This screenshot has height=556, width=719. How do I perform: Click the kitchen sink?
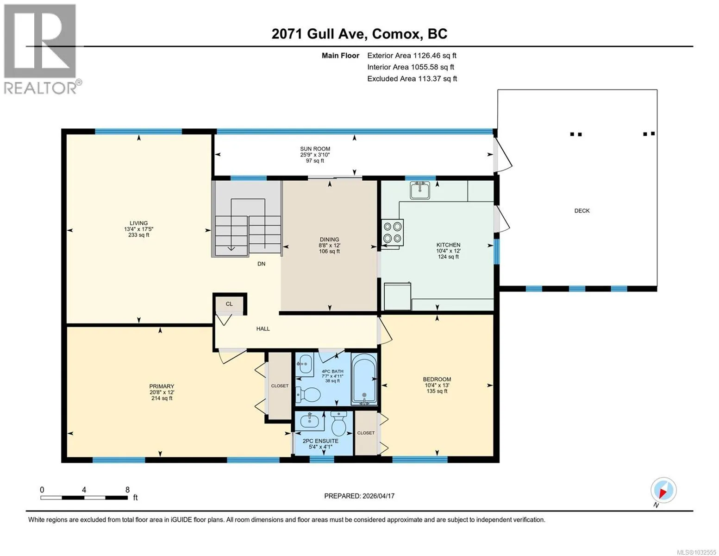(x=420, y=190)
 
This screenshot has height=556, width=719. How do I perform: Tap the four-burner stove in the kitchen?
(x=393, y=232)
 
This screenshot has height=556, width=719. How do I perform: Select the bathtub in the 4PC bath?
(x=364, y=379)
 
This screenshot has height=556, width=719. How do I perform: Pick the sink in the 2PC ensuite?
(x=309, y=421)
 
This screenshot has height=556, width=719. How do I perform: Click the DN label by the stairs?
(x=262, y=264)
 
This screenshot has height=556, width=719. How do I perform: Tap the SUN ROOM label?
(x=315, y=149)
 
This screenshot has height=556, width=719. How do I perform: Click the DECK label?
(x=582, y=211)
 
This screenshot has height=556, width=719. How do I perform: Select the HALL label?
(x=263, y=329)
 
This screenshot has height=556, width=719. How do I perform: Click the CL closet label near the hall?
(x=229, y=304)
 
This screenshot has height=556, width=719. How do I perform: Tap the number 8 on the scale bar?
(x=127, y=490)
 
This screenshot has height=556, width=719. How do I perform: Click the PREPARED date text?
(x=359, y=496)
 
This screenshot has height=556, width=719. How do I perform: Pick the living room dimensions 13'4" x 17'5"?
(x=138, y=229)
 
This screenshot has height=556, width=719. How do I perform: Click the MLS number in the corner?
(x=696, y=552)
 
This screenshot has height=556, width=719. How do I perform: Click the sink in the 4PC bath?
(x=305, y=364)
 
